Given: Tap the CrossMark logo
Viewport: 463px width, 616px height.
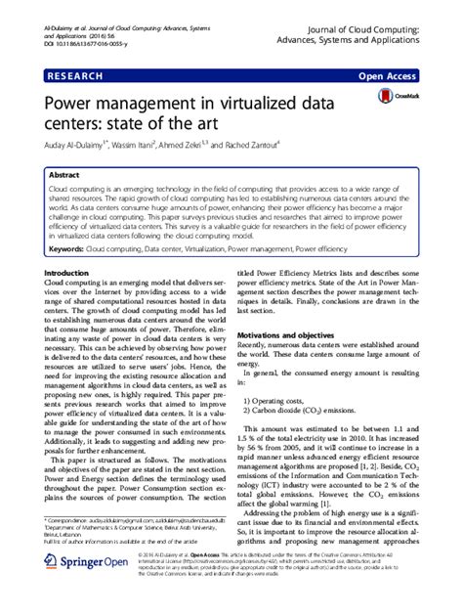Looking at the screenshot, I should pos(396,98).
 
